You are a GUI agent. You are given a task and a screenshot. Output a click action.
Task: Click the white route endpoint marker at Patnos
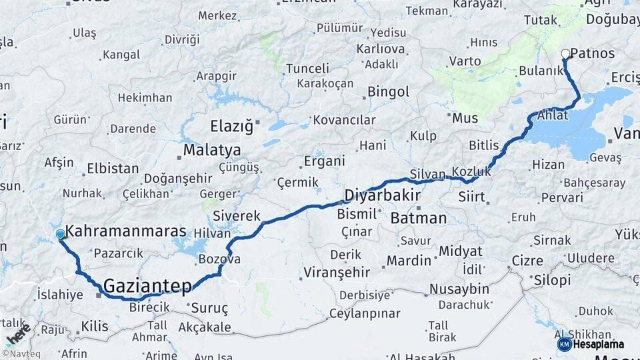[x=565, y=53]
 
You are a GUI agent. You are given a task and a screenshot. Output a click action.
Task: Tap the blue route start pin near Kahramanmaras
[x=61, y=235]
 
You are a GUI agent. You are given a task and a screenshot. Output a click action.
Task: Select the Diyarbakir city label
[x=382, y=195]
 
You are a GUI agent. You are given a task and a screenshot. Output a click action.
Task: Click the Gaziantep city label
[x=148, y=285]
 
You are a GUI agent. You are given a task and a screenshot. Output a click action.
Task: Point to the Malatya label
[x=212, y=150]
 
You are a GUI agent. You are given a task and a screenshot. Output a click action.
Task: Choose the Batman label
[x=418, y=218]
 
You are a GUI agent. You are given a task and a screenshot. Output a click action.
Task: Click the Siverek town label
[x=237, y=216]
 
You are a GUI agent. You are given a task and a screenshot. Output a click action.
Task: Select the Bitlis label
[x=484, y=145]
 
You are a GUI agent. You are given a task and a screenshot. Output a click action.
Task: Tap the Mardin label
[x=409, y=260]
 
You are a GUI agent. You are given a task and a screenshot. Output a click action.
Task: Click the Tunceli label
[x=307, y=68]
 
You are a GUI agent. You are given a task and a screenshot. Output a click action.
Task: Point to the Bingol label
[x=388, y=91]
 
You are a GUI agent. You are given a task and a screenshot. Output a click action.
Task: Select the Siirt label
[x=472, y=197]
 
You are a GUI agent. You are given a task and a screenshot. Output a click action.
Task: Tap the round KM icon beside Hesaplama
[x=565, y=344]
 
